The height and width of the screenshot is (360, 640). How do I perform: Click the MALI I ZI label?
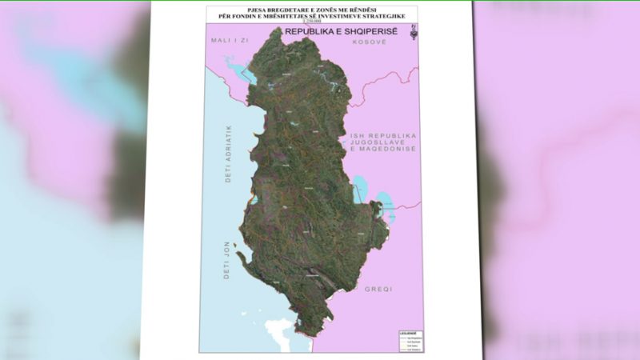point(225,39)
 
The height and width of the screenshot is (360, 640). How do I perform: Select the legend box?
point(410,341)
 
